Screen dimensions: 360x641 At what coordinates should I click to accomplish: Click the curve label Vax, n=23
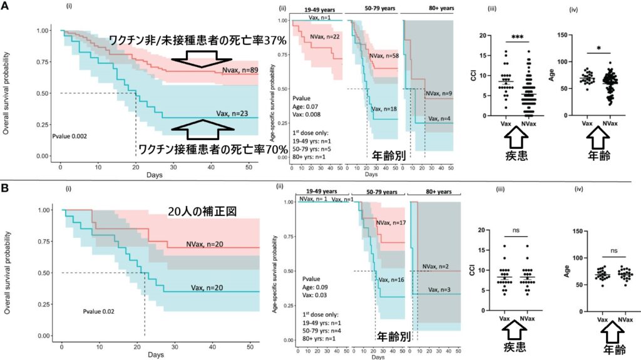pos(232,113)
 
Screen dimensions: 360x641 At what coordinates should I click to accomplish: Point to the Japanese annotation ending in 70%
pos(208,150)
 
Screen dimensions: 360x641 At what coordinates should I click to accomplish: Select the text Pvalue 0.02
pos(102,309)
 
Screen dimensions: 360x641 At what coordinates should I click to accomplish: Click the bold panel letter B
pos(6,186)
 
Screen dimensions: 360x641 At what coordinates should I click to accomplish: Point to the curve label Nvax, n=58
pos(384,56)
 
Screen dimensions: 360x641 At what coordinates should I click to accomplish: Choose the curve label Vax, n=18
pos(384,109)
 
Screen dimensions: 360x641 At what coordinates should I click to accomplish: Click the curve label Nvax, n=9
pos(438,94)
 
